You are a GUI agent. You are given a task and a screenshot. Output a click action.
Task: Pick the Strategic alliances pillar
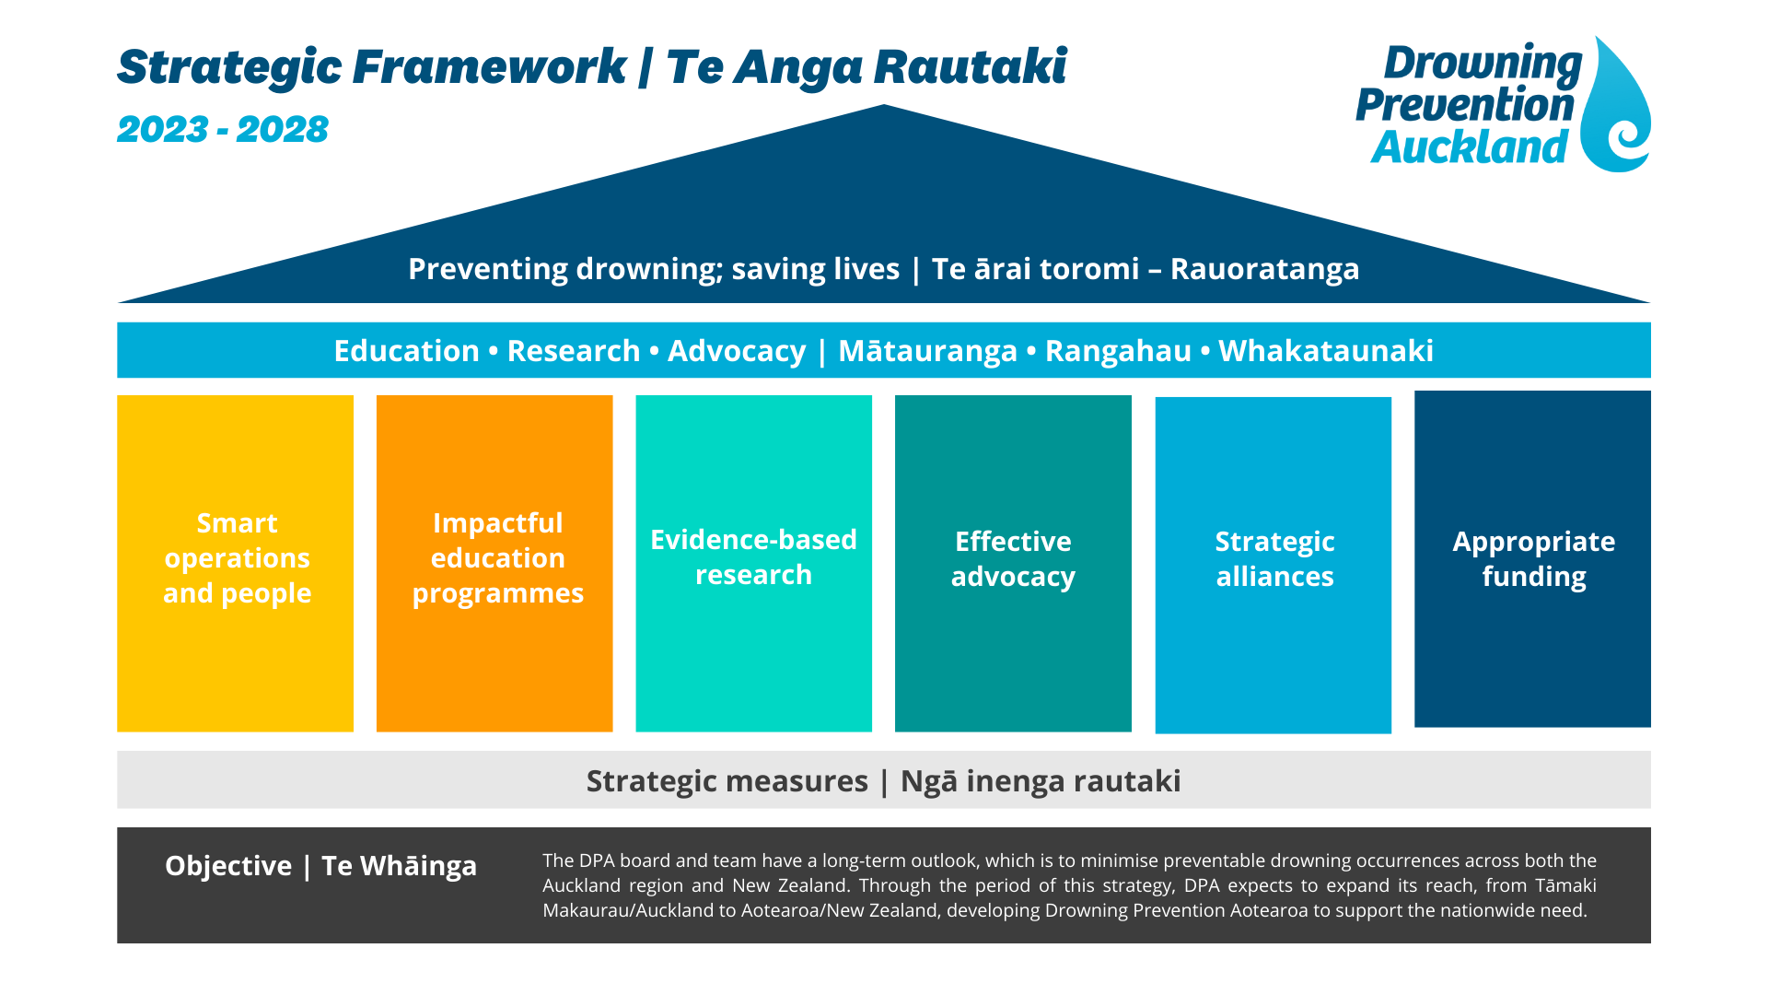pos(1273,564)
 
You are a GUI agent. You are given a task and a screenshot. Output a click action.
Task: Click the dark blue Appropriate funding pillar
pos(1532,558)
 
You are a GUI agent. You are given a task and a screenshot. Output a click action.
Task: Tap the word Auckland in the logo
pos(1469,147)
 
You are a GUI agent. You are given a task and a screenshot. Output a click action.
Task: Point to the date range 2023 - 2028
pos(222,130)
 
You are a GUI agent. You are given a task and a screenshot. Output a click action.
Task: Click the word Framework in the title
pos(489,67)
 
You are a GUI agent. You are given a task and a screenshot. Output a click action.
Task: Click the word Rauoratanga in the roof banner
pos(1264,269)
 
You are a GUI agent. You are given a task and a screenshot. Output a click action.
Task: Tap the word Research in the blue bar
pos(573,351)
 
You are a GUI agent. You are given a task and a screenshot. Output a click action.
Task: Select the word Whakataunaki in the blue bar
pos(1325,351)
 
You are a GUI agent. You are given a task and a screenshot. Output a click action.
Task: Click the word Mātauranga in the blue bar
pos(927,351)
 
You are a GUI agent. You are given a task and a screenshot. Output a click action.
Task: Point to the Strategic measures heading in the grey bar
pos(727,781)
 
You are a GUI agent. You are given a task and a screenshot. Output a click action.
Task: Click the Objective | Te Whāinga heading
pos(320,866)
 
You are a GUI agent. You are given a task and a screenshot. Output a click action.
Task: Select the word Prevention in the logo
pos(1464,105)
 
